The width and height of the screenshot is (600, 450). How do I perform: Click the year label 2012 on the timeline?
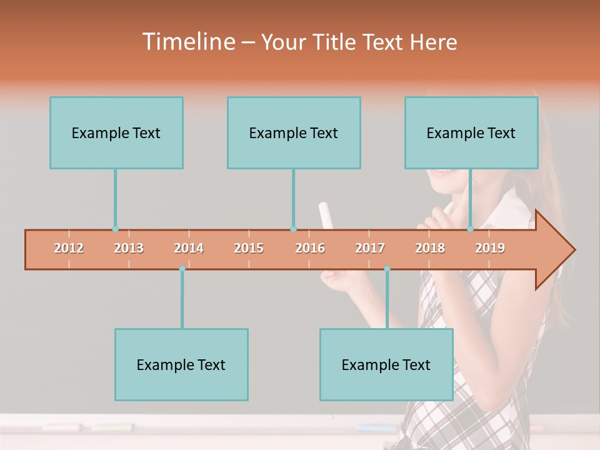coord(69,249)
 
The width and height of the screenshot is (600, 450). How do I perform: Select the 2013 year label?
coord(129,249)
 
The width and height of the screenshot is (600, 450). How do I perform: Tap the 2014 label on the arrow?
coord(189,249)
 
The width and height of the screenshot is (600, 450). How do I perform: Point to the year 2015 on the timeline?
coord(249,249)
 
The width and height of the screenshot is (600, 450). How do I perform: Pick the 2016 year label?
coord(310,249)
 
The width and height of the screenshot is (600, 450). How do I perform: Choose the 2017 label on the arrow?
coord(370,249)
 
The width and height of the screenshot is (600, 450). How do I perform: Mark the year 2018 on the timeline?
coord(430,249)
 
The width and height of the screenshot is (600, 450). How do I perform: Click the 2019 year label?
coord(490,249)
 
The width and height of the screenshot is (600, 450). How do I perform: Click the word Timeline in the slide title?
coord(187,42)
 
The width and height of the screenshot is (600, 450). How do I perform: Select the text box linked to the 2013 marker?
coord(116,132)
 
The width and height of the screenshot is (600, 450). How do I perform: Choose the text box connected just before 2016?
coord(294,132)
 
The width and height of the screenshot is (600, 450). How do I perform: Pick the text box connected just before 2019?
coord(471,132)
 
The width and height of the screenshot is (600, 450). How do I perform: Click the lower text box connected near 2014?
coord(181,364)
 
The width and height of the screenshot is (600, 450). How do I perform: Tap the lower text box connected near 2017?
coord(386,364)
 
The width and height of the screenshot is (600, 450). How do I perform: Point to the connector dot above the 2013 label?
coord(115,229)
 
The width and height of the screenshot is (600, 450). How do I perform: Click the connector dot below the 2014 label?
coord(182,269)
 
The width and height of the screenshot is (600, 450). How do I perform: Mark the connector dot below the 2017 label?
coord(387,269)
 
